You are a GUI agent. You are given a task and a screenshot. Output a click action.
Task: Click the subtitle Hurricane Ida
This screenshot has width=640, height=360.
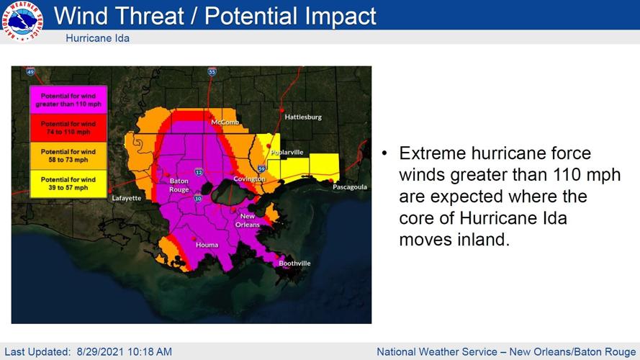(x=97, y=37)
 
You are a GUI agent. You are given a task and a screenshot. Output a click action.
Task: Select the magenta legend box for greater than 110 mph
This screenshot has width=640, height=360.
(x=68, y=99)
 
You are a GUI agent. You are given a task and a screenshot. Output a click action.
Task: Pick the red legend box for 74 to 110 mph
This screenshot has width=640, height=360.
(x=68, y=128)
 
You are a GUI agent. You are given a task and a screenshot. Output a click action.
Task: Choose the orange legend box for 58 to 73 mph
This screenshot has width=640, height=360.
(x=68, y=156)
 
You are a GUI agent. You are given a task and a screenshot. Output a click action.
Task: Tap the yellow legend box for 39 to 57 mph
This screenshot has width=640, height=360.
(x=68, y=184)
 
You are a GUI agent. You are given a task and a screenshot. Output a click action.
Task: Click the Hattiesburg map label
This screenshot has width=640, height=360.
(x=303, y=117)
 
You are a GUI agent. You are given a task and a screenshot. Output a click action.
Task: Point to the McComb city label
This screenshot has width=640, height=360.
(x=225, y=122)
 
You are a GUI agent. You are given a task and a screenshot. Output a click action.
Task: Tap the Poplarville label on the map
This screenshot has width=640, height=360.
(x=287, y=153)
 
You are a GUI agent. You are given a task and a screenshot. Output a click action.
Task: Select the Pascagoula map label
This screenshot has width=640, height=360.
(x=349, y=186)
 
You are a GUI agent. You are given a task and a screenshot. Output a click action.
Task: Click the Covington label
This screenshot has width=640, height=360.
(x=249, y=179)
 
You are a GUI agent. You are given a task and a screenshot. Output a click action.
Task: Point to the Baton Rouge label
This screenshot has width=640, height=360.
(x=179, y=185)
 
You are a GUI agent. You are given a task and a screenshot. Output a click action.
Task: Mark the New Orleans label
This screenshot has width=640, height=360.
(x=248, y=220)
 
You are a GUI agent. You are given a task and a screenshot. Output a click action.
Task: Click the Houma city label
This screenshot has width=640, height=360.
(x=207, y=245)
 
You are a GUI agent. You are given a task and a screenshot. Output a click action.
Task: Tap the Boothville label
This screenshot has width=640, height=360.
(x=294, y=264)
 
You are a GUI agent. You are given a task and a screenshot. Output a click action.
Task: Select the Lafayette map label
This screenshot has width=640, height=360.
(x=127, y=198)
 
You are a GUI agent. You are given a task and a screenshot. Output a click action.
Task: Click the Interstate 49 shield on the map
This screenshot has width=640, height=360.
(x=30, y=72)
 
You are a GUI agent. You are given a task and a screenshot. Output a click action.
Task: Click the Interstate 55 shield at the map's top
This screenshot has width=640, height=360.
(x=212, y=72)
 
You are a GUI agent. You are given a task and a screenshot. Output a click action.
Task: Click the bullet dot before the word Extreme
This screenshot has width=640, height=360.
(x=385, y=153)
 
